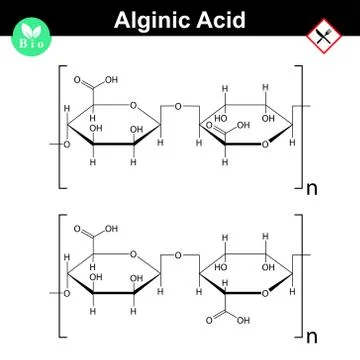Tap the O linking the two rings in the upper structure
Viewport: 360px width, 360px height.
click(x=177, y=107)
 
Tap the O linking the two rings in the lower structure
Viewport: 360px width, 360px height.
click(x=177, y=256)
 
